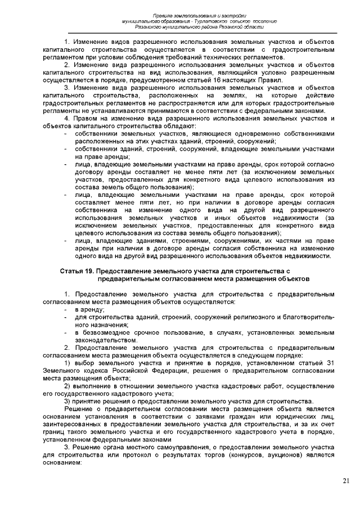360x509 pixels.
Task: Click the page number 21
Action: [x=345, y=480]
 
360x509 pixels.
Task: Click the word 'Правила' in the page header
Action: [x=166, y=13]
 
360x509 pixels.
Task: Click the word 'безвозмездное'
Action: [x=107, y=332]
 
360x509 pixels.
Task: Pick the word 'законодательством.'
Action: [x=106, y=340]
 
